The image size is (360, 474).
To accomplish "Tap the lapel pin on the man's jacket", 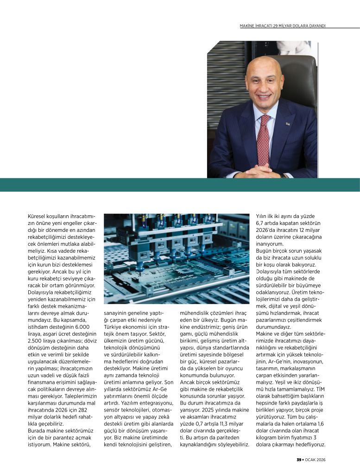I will pyautogui.click(x=287, y=124).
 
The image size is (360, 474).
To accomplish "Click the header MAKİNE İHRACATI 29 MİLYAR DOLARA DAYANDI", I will pyautogui.click(x=282, y=25).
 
